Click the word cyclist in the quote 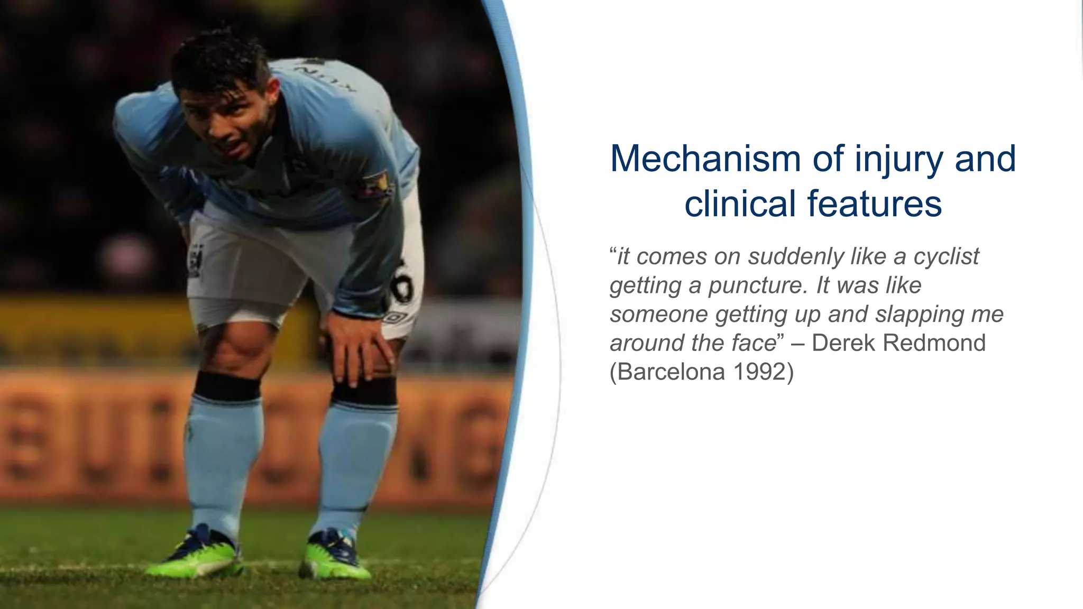tap(946, 257)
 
